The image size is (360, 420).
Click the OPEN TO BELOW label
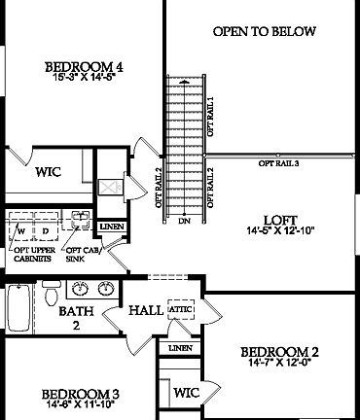pyautogui.click(x=264, y=32)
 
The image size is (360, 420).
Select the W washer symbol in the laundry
pyautogui.click(x=21, y=232)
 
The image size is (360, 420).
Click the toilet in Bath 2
pyautogui.click(x=48, y=294)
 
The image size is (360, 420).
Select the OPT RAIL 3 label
pyautogui.click(x=278, y=164)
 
